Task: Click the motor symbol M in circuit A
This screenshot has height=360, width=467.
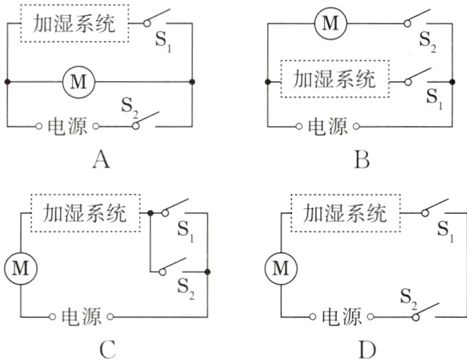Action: [78, 83]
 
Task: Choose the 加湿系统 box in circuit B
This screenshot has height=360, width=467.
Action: [335, 78]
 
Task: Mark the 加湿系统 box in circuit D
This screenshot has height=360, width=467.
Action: [345, 212]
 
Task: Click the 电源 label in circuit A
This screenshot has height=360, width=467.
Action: [67, 127]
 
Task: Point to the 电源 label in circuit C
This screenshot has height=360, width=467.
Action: [82, 315]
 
